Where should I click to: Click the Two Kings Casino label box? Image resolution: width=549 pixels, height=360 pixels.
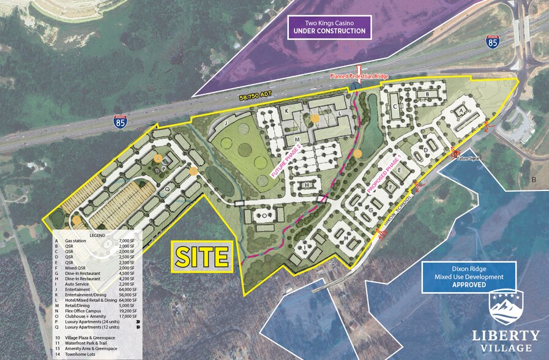[331, 26]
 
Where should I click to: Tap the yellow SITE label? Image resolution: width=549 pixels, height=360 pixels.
[201, 255]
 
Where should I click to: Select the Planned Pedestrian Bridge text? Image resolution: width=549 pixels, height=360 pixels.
[359, 76]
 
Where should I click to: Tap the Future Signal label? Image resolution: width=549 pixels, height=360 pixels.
[469, 157]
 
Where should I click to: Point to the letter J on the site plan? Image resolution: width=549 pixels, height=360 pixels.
[225, 123]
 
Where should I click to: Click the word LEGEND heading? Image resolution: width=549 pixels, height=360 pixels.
[97, 235]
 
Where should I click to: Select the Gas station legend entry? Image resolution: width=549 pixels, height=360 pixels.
[78, 242]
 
